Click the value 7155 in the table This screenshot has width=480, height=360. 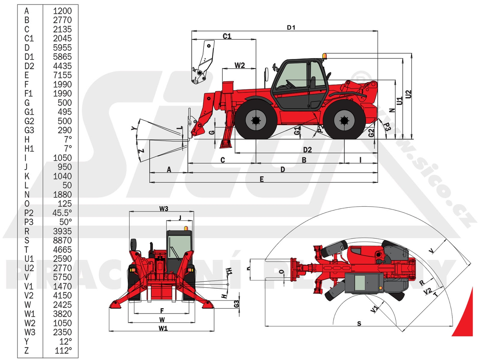62,75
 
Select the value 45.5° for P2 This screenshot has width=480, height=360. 62,213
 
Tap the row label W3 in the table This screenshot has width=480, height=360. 30,332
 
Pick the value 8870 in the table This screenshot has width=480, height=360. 62,240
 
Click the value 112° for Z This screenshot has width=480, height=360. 63,351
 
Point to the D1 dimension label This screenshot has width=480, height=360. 291,28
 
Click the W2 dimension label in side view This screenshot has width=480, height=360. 240,65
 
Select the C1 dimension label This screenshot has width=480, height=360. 227,36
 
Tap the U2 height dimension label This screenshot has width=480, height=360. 408,94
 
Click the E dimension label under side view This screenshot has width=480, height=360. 262,179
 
